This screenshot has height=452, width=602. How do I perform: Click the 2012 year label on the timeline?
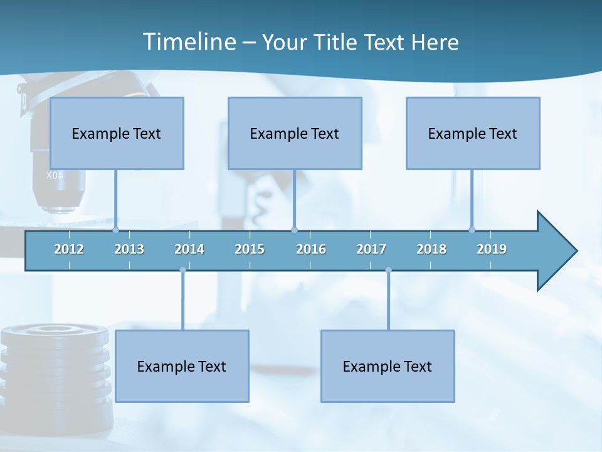(x=69, y=249)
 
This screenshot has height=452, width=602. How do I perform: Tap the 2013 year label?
(x=129, y=249)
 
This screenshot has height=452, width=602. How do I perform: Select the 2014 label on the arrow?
(x=189, y=249)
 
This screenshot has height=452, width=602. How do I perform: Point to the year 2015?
(x=250, y=249)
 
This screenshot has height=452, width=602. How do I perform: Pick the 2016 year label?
(x=311, y=249)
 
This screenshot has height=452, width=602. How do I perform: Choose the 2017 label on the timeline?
(x=371, y=249)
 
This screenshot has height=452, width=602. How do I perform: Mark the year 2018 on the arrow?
(x=431, y=249)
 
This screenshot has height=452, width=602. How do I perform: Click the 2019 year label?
(x=492, y=249)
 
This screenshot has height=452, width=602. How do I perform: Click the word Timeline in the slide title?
(x=188, y=42)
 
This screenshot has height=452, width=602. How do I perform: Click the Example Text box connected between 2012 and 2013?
(x=117, y=133)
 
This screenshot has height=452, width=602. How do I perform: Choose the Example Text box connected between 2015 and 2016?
(x=295, y=133)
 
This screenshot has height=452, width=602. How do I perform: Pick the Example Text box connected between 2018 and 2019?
(x=473, y=133)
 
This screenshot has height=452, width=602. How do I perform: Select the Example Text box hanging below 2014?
(x=182, y=366)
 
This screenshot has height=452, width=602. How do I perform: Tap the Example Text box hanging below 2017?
(x=388, y=366)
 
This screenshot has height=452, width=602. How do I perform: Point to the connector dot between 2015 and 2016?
(x=295, y=230)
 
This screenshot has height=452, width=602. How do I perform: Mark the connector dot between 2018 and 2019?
(x=472, y=230)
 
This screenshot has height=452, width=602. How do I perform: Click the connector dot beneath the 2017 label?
(x=388, y=270)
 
